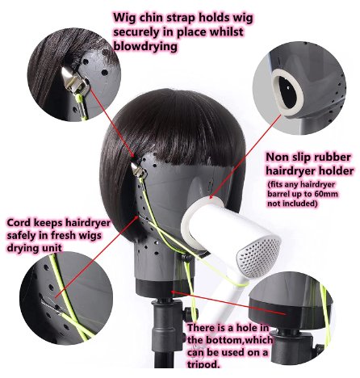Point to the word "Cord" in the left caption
(22, 222)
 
